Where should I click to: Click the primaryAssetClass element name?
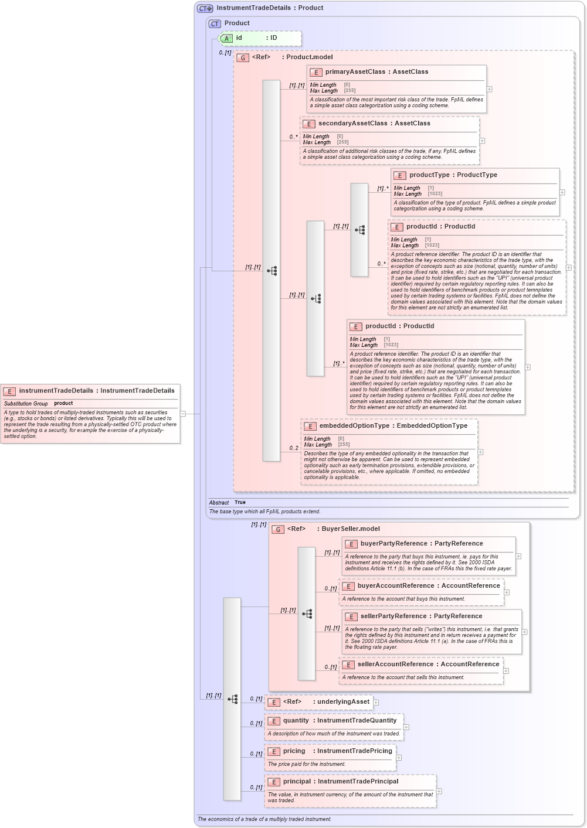[x=355, y=72]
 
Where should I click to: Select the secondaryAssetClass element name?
[x=353, y=124]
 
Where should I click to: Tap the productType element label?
[x=429, y=175]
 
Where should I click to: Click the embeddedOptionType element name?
[x=354, y=426]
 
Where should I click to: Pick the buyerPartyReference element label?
[x=393, y=544]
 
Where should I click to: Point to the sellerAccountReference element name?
[x=395, y=665]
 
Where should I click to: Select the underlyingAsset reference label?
[x=343, y=702]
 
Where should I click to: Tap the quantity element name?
[x=296, y=721]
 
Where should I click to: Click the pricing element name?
[x=294, y=751]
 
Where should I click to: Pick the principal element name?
[x=297, y=782]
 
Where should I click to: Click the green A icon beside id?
[x=226, y=39]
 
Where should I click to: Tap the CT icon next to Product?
[x=215, y=24]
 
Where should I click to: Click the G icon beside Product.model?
[x=243, y=58]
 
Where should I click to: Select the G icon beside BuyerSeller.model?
[x=278, y=530]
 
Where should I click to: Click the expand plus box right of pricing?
[x=399, y=758]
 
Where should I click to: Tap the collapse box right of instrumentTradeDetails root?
[x=183, y=414]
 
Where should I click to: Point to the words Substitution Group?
[x=26, y=404]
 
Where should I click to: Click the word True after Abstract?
[x=240, y=503]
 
